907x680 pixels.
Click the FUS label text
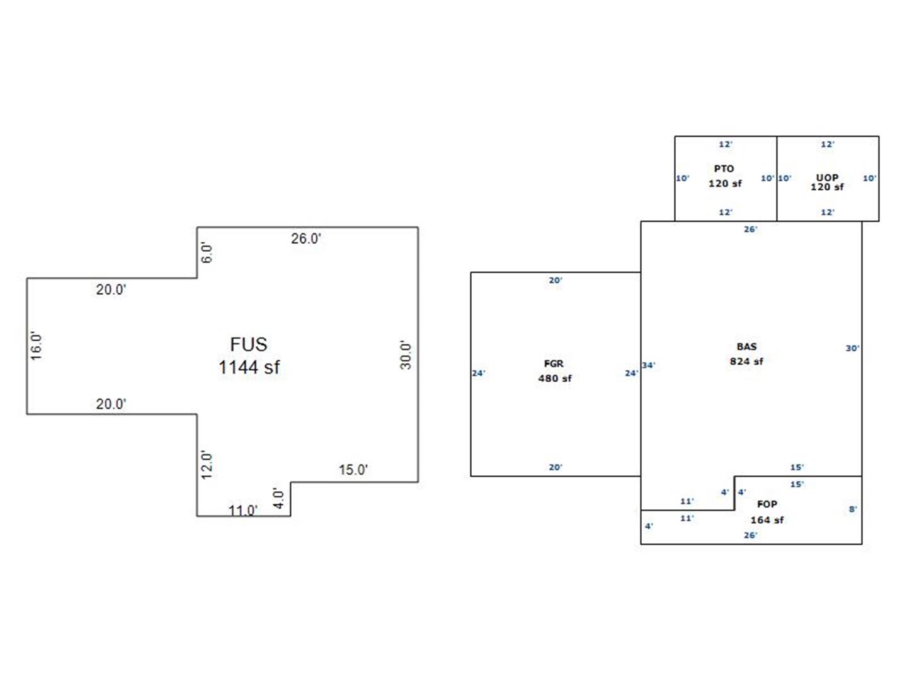click(x=249, y=344)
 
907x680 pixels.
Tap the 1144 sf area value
click(x=249, y=367)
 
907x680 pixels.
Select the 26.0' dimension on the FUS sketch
click(x=306, y=239)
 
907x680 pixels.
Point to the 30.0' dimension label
click(x=406, y=355)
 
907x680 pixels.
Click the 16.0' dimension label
click(x=37, y=346)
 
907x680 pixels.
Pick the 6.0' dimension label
click(x=207, y=253)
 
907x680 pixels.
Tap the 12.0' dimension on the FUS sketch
click(x=207, y=465)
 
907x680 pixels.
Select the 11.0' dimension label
click(x=243, y=510)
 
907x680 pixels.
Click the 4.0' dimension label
click(x=278, y=499)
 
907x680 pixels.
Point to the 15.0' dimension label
click(x=353, y=470)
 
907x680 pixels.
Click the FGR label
click(x=554, y=364)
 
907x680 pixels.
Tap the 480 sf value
click(x=555, y=378)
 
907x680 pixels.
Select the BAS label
click(x=746, y=347)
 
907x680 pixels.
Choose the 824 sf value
click(x=746, y=361)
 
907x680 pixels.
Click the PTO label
click(x=724, y=169)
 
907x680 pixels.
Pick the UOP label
click(x=827, y=178)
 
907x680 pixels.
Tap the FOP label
click(x=767, y=504)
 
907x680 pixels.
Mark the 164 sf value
click(x=767, y=520)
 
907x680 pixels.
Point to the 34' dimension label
click(x=649, y=365)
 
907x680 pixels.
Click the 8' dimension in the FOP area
click(x=853, y=509)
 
